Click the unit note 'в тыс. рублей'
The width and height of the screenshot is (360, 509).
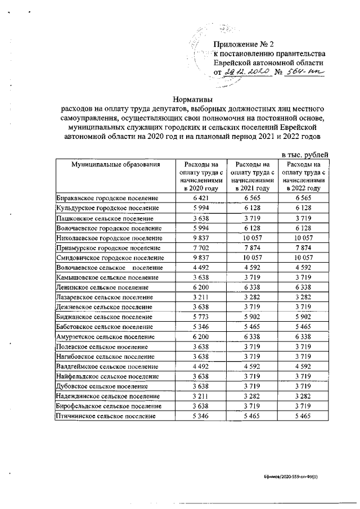pos(304,155)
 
